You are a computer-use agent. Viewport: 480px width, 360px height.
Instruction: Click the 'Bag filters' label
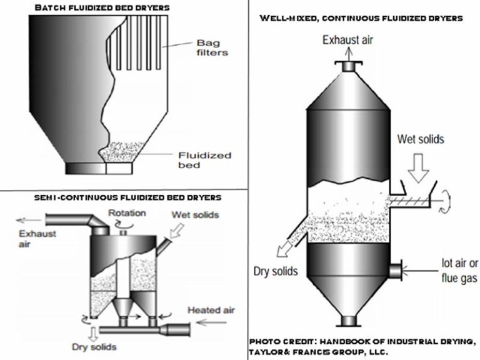click(x=209, y=47)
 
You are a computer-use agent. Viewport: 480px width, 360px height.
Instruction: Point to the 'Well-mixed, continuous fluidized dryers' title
click(x=361, y=18)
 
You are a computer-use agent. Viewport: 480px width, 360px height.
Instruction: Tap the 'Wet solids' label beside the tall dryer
click(x=421, y=139)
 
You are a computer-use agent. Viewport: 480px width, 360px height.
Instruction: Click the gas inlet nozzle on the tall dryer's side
click(x=394, y=270)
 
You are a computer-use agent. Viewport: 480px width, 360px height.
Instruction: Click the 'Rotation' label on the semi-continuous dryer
click(x=127, y=213)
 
